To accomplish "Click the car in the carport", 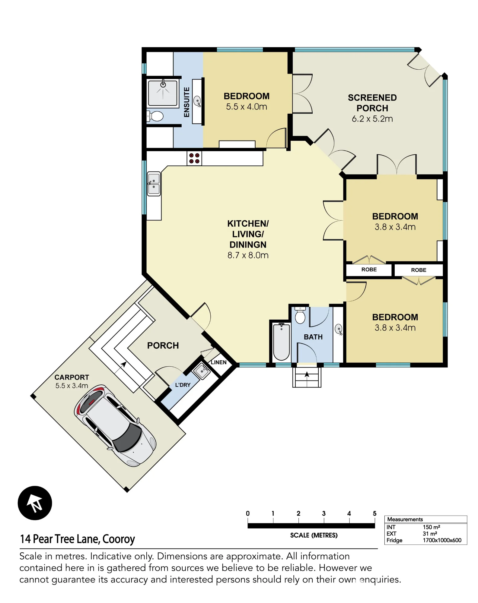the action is (115, 425).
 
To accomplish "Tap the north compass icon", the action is (35, 503).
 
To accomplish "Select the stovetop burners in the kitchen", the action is (194, 158).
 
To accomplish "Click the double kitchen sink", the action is (154, 184).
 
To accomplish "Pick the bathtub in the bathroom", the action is (281, 342).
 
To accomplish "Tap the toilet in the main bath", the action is (300, 315).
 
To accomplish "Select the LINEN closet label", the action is (218, 362).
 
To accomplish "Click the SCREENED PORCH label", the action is (372, 103).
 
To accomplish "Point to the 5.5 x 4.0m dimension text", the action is (247, 107).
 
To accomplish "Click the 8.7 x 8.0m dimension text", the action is (248, 255).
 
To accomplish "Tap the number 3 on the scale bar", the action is (324, 513).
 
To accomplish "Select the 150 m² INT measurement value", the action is (431, 527).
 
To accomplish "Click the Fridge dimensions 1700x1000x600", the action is (442, 540).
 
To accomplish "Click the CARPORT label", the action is (72, 377).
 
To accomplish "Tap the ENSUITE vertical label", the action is (187, 102).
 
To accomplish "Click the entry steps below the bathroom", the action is (307, 377).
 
